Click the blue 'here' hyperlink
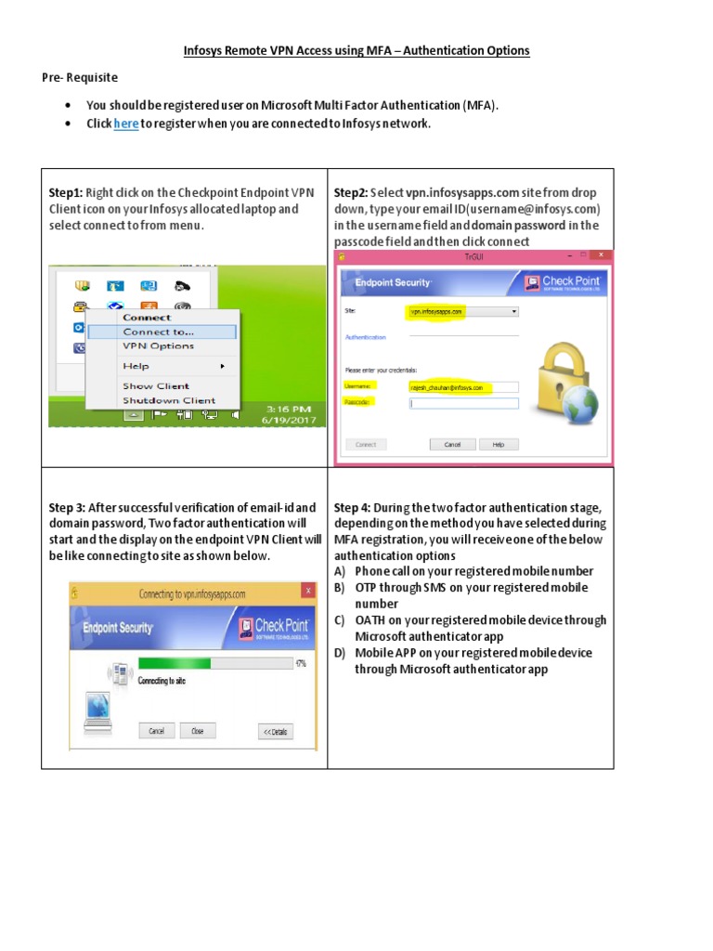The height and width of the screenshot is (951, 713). [126, 124]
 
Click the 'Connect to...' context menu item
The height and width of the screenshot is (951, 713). [158, 332]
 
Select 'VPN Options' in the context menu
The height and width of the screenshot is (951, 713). [158, 346]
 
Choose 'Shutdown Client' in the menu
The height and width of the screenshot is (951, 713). [168, 401]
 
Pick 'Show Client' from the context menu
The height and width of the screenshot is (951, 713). [155, 386]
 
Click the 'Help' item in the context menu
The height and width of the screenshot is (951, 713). [136, 367]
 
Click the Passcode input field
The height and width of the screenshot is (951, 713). [463, 404]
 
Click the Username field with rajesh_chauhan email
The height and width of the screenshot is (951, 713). [463, 387]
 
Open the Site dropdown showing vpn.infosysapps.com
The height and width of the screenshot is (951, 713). [461, 312]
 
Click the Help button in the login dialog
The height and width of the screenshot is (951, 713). [499, 445]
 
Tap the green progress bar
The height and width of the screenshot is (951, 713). [175, 663]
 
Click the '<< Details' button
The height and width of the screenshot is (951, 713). [275, 731]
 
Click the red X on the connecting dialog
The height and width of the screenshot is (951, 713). [307, 592]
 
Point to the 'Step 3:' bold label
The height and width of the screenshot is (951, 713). [68, 507]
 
